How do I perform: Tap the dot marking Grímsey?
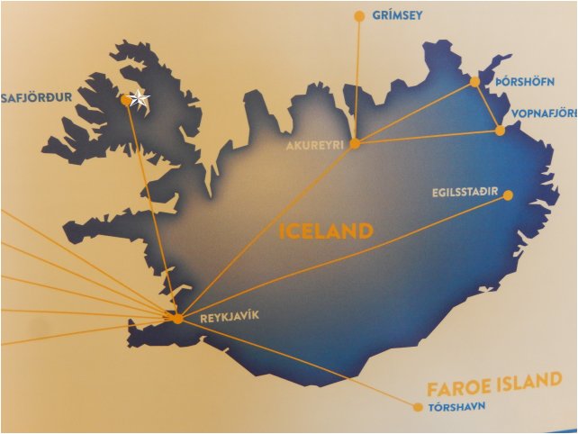[359, 16]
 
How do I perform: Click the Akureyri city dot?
[355, 143]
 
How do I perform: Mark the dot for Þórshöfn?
[475, 82]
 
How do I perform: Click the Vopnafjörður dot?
[501, 131]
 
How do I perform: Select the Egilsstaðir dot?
[508, 194]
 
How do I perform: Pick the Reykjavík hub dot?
[177, 319]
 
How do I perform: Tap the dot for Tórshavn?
[418, 407]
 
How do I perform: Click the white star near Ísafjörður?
[139, 99]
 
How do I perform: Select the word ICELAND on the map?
[326, 231]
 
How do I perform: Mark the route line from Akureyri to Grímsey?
[357, 81]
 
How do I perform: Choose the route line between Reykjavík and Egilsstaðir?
[342, 257]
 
